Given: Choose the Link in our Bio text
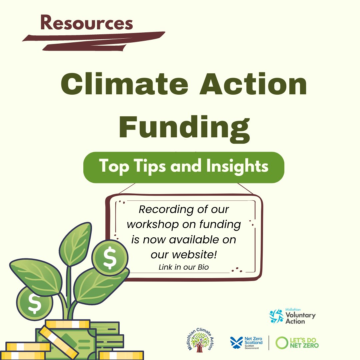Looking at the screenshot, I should [x=184, y=267].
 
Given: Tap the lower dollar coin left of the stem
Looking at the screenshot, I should [x=34, y=303].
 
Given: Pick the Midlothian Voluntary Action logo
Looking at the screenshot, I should [x=292, y=316].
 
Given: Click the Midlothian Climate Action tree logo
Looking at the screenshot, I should [x=200, y=339].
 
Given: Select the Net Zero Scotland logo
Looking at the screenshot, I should [x=247, y=343].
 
